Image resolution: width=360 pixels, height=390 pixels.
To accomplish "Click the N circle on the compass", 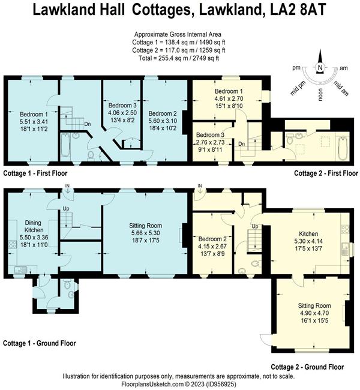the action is pos(320,67).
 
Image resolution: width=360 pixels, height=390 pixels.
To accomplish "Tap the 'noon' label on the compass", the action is pos(320,95).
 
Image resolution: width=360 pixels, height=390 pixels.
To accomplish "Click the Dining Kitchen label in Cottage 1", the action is pos(33,226).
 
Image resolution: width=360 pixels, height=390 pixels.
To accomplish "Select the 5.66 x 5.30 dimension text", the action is pos(146,233).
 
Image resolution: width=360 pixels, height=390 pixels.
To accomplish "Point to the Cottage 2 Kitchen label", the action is pos(308,234).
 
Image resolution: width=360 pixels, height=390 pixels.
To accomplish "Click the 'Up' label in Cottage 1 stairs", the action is pos(65,209).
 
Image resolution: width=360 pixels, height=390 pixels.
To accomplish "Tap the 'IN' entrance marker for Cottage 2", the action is pos(200,186).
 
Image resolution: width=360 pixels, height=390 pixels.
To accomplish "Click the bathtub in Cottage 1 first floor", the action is pos(65,145).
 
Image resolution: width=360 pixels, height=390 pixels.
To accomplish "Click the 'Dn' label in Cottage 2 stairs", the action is pos(242,144).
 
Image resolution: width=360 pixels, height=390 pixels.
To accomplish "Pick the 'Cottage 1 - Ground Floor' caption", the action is pos(40,343).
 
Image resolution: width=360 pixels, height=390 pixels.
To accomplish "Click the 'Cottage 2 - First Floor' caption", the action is pos(326,173).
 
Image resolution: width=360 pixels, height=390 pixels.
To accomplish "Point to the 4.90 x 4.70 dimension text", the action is pos(314,313).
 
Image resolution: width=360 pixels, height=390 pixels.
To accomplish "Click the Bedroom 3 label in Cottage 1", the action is pos(122,105).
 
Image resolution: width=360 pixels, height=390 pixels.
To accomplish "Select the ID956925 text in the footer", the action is pos(223,383).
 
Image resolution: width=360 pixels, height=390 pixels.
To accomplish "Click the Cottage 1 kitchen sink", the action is pos(20,269).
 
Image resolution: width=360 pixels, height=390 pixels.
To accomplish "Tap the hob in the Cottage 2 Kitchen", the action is pos(345,229).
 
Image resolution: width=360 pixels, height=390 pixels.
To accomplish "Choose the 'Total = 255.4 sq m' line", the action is pos(179,58).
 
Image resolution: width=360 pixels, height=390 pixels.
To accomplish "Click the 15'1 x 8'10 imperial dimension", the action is pos(229,106).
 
